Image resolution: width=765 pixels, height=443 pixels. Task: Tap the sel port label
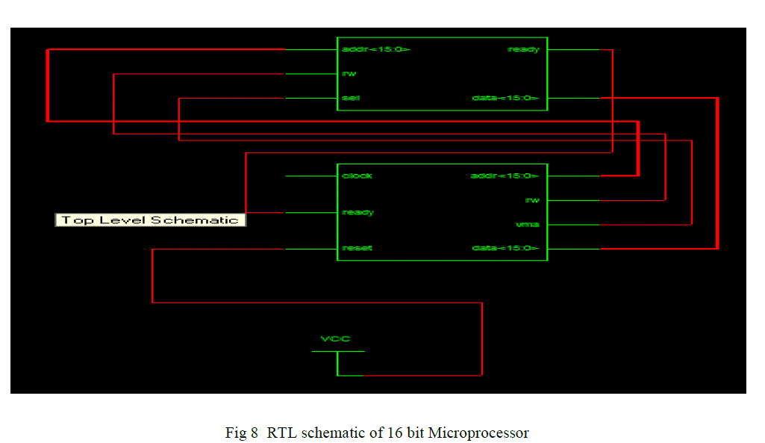tap(351, 98)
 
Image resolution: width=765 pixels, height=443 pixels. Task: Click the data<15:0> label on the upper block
tap(505, 98)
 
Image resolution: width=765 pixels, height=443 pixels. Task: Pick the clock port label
tap(357, 176)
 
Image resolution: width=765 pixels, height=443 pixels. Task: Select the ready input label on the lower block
tap(357, 212)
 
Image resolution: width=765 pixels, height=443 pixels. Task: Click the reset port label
tap(356, 248)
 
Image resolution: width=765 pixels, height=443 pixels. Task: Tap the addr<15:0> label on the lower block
tap(504, 176)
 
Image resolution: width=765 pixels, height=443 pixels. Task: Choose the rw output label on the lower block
tap(532, 200)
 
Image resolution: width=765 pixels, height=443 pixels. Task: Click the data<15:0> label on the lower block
tap(505, 248)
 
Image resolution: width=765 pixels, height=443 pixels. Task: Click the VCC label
tap(335, 339)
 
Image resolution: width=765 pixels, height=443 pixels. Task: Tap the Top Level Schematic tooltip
tap(150, 220)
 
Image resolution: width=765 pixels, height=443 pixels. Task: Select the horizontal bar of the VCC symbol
tap(338, 351)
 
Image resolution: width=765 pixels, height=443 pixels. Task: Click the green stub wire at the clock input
tap(310, 176)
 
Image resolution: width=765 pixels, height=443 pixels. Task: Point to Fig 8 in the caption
tap(242, 433)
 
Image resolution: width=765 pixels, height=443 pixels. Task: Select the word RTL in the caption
tap(283, 433)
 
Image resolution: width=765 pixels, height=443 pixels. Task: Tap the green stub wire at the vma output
tap(573, 224)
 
